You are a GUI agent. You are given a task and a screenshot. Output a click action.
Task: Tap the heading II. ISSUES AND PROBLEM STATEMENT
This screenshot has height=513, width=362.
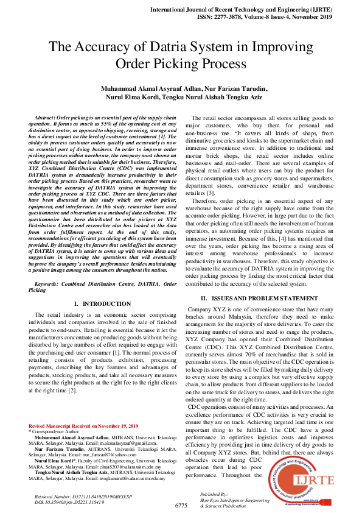click(259, 298)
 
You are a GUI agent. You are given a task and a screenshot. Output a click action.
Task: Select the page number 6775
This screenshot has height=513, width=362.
click(181, 506)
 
